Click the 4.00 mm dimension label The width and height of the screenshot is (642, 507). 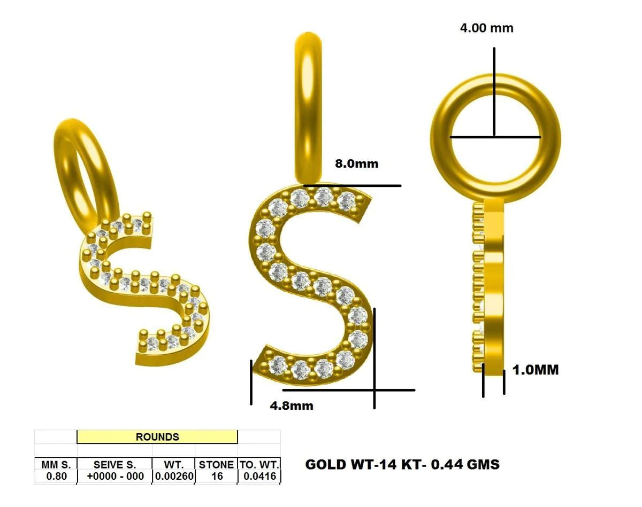tap(486, 28)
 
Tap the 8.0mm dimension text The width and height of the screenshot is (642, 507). tap(356, 163)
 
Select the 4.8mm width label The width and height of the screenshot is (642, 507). tap(291, 405)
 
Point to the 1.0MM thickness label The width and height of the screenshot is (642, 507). tap(536, 370)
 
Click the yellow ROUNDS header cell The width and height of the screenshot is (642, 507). tap(157, 437)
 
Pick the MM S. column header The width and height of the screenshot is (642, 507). tap(56, 464)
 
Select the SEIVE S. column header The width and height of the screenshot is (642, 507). tap(114, 464)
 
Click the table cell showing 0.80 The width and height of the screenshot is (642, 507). tap(56, 476)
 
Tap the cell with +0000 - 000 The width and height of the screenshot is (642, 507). tap(114, 476)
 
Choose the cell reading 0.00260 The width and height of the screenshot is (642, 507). tap(174, 476)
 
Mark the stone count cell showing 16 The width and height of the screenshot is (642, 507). tap(217, 476)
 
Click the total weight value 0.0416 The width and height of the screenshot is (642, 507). tap(259, 476)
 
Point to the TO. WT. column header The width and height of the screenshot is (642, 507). tap(259, 464)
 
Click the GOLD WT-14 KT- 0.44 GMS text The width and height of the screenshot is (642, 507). tap(402, 464)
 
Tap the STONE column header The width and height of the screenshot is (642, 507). tap(217, 464)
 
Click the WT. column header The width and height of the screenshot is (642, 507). tap(174, 464)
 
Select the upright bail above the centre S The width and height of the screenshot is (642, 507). tap(309, 107)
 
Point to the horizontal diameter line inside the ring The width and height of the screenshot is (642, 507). tap(495, 137)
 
